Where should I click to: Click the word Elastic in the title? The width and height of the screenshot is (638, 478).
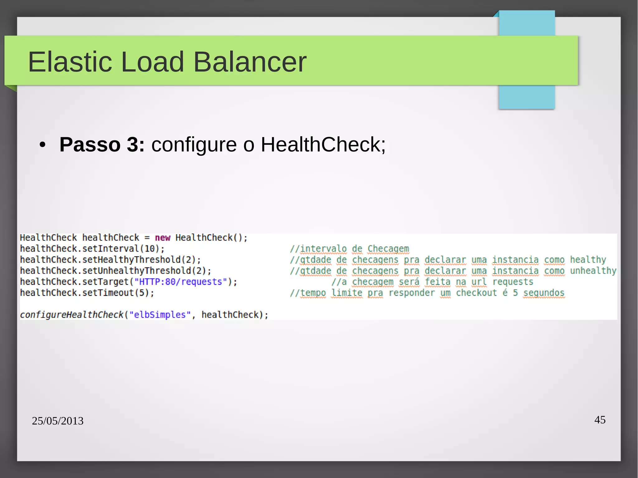70,62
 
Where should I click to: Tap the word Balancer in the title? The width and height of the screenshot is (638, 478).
250,62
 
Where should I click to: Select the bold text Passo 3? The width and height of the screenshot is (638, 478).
102,144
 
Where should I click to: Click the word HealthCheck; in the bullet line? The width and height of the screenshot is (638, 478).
323,144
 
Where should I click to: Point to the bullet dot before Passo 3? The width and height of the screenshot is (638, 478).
42,145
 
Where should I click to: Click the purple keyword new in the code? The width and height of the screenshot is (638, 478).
163,238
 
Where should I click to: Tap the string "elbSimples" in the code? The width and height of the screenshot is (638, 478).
160,315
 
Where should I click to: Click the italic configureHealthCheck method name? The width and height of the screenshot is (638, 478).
72,315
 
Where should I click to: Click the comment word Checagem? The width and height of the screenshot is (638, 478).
388,249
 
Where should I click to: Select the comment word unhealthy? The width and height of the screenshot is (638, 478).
593,271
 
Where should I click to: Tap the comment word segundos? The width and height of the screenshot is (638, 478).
544,293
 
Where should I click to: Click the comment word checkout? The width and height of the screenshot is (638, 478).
476,293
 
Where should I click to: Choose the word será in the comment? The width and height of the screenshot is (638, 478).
409,282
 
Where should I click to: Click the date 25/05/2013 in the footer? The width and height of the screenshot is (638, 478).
58,421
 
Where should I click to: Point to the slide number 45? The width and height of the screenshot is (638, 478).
600,420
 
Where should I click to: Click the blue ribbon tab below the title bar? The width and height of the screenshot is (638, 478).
526,97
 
